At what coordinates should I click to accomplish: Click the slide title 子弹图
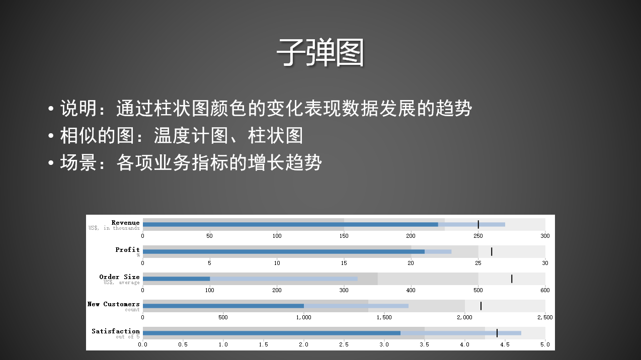point(320,53)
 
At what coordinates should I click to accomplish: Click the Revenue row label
point(125,222)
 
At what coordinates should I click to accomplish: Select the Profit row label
point(127,249)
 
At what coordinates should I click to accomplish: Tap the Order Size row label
point(119,277)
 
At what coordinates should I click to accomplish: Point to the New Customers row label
point(113,304)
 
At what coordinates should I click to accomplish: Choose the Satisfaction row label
point(116,331)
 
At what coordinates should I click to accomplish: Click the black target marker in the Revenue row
point(478,224)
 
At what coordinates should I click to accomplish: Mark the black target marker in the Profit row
point(492,251)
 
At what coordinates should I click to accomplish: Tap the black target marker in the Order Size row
point(512,279)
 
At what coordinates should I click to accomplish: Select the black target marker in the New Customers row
point(481,306)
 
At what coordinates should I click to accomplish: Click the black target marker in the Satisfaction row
point(497,333)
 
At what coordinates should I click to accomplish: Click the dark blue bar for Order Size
point(176,279)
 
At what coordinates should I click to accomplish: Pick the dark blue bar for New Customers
point(223,306)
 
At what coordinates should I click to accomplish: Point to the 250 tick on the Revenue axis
point(478,236)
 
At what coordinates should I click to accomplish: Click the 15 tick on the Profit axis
point(344,263)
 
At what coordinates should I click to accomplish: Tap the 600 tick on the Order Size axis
point(545,290)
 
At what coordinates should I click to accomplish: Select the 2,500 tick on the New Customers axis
point(545,317)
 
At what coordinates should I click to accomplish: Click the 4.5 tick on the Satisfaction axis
point(505,344)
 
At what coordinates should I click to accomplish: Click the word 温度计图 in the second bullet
point(191,136)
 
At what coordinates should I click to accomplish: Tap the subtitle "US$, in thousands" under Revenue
point(114,228)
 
